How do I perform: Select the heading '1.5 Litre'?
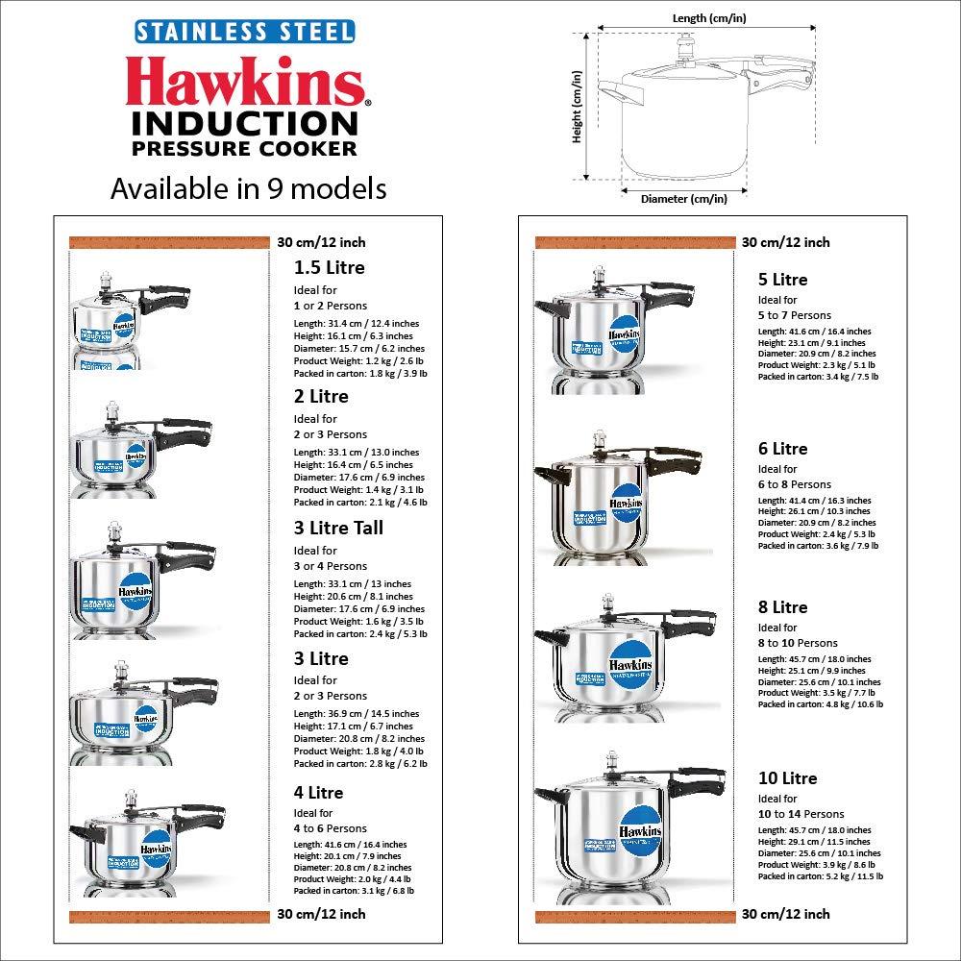pos(329,268)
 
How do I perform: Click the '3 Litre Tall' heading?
pos(338,528)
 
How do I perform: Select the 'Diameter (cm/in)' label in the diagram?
pos(683,198)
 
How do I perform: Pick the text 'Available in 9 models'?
pos(248,188)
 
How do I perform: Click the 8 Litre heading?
pos(782,607)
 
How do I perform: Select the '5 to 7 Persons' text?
pos(794,315)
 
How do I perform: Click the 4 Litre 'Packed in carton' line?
pos(354,891)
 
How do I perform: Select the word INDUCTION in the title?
pos(244,123)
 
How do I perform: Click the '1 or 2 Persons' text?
pos(330,306)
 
